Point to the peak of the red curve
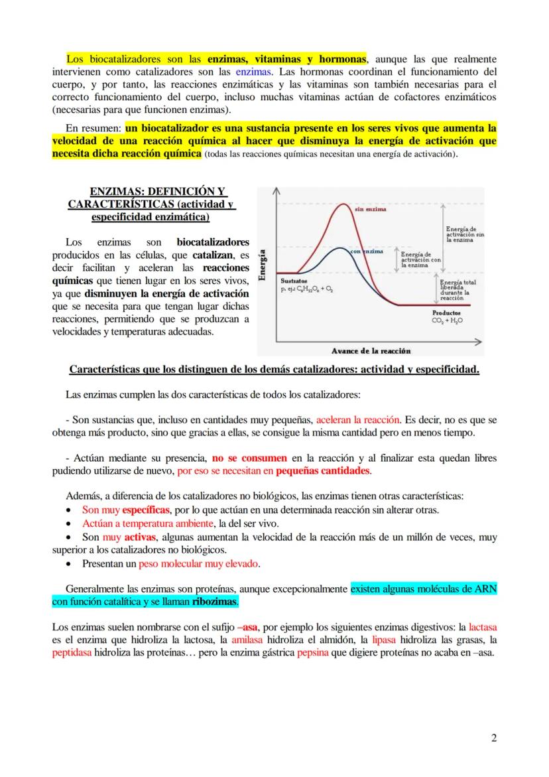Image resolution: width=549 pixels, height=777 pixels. pos(342,203)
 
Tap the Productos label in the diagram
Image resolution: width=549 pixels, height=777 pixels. pos(447,312)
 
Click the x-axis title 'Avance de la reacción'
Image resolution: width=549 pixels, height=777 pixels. pos(371,350)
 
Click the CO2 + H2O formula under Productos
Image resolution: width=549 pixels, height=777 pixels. pos(447,320)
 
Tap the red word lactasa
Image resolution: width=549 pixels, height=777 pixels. pos(483,626)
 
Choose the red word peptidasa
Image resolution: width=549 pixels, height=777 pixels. pos(72,653)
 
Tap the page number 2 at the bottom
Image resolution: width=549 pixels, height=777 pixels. pos(494,737)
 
